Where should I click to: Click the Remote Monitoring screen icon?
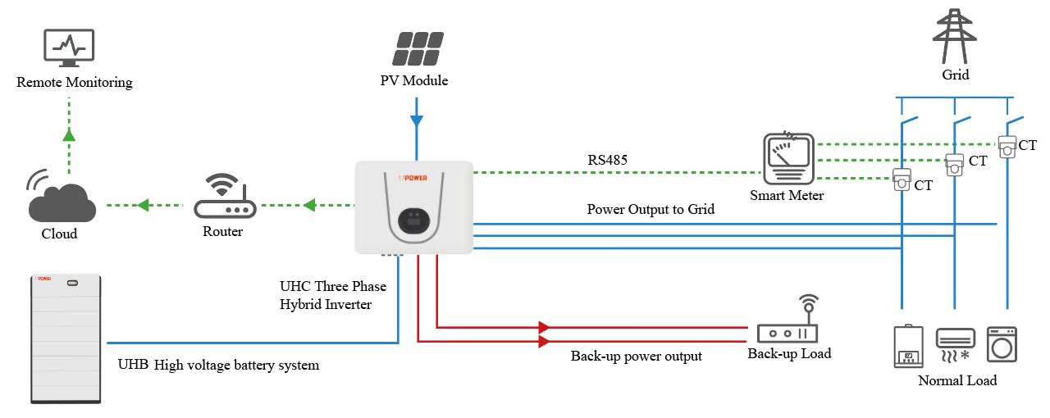click(69, 49)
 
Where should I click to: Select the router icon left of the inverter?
click(225, 198)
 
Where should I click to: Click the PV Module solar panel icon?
click(417, 49)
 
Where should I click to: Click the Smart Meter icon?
click(787, 158)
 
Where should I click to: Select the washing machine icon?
click(1001, 344)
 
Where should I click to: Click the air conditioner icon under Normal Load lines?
click(956, 344)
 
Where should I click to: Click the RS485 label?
click(608, 160)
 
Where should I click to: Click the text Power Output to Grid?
click(651, 209)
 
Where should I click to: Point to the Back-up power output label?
click(637, 357)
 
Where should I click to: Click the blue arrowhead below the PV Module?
click(417, 121)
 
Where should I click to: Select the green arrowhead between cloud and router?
click(143, 205)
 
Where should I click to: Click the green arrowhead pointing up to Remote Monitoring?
click(69, 134)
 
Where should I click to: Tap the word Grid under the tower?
click(956, 75)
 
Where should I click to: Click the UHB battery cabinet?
click(66, 338)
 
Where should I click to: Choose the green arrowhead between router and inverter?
click(310, 205)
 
